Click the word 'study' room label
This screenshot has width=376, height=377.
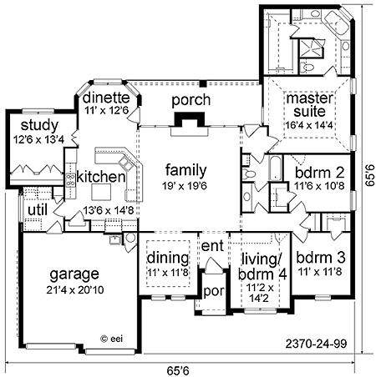click(39, 126)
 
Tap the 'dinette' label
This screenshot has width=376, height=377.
click(106, 98)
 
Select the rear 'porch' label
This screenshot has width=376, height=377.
click(191, 100)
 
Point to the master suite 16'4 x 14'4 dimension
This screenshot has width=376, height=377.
click(309, 125)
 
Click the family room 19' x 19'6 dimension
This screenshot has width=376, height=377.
click(185, 186)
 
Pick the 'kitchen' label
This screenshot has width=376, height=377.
click(101, 177)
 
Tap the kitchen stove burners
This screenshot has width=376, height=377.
click(70, 180)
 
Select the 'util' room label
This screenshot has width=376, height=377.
click(38, 210)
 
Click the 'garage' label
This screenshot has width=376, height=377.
click(74, 274)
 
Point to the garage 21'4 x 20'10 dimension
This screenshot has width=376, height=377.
click(75, 290)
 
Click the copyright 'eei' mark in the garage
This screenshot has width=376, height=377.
click(111, 339)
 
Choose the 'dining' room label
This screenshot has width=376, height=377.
click(168, 258)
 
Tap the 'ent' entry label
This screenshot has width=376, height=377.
click(212, 246)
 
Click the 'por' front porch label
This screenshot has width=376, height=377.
click(214, 291)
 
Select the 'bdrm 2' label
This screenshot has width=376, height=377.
click(319, 173)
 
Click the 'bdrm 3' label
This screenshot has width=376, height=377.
click(321, 258)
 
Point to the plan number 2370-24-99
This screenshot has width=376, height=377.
click(317, 344)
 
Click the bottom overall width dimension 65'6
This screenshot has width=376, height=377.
click(178, 370)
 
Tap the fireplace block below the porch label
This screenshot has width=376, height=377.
click(190, 119)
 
